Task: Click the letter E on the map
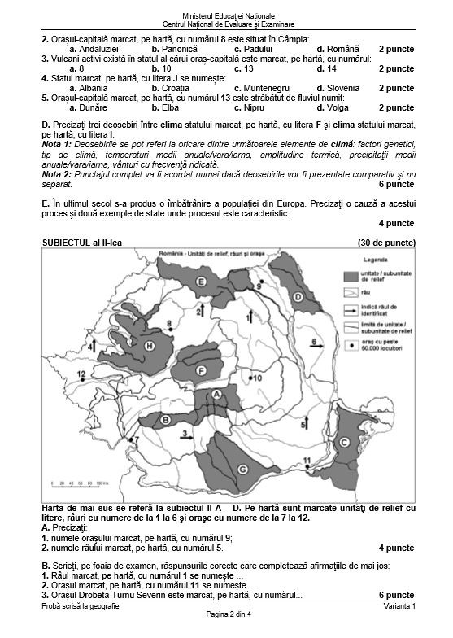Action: point(200,281)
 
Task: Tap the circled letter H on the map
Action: point(149,347)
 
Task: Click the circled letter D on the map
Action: point(298,297)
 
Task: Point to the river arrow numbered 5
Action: point(305,422)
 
